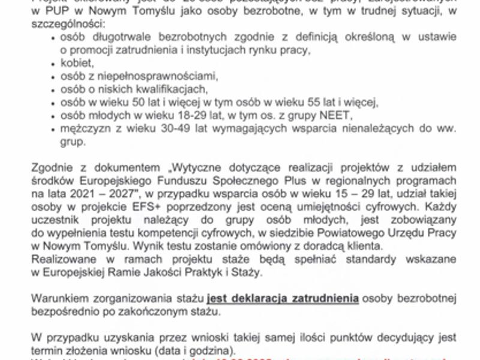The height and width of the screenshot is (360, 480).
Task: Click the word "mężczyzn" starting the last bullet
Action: (85, 128)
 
